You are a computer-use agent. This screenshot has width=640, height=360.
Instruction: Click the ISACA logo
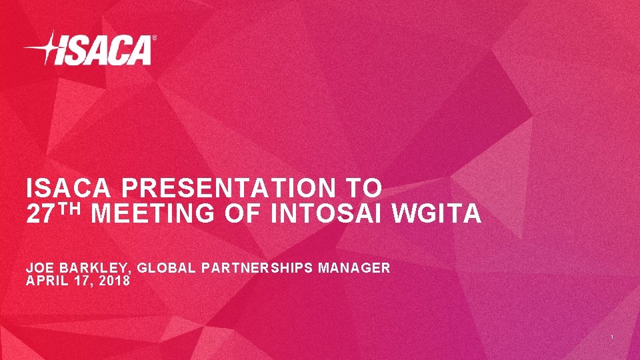90,49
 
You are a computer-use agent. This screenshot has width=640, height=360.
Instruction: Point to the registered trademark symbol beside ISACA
155,39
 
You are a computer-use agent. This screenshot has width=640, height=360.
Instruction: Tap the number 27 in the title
39,215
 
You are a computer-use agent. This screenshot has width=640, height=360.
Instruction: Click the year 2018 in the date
115,281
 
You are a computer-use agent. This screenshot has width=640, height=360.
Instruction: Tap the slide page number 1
612,339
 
